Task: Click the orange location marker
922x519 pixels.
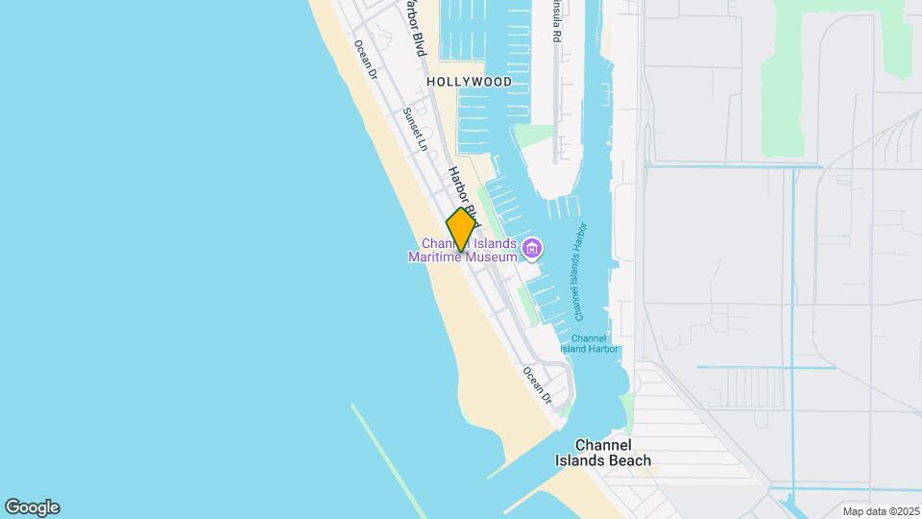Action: pos(461,230)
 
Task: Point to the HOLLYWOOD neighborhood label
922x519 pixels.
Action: pos(470,83)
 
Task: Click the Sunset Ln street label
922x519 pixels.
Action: pos(414,129)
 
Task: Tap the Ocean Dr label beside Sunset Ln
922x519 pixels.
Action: pos(366,61)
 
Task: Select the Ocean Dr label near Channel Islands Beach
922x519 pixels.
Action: pos(537,384)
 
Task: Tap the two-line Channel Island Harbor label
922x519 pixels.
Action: pos(589,343)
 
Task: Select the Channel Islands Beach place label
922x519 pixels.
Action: pos(603,453)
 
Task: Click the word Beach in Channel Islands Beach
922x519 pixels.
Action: pos(629,460)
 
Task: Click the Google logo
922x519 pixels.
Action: pos(32,507)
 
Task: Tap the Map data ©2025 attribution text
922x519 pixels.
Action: pos(880,511)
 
